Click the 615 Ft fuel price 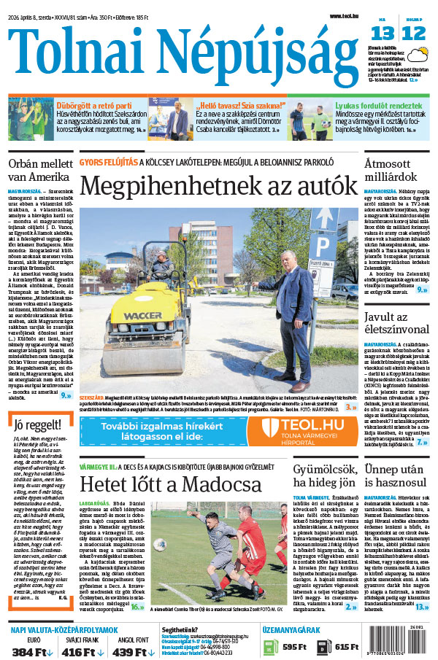click(342, 647)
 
